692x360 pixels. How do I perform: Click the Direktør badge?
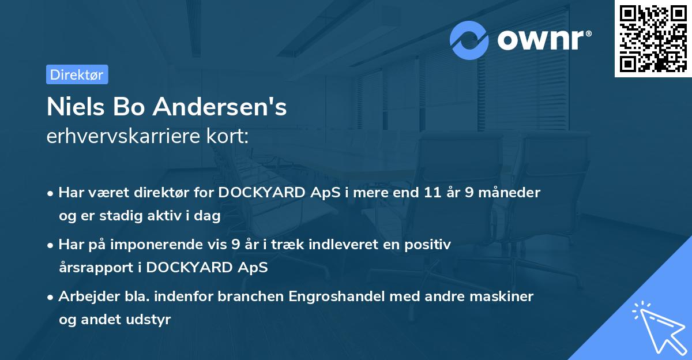point(77,74)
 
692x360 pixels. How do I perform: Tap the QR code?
point(653,38)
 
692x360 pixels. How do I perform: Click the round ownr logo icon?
point(469,40)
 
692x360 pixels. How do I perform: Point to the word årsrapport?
point(93,268)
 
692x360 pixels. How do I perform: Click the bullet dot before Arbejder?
point(51,297)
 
